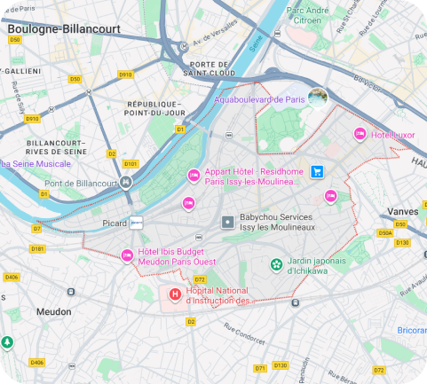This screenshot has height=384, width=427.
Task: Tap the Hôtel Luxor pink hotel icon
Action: pyautogui.click(x=360, y=133)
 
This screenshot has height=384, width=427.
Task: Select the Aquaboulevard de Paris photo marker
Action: pyautogui.click(x=317, y=97)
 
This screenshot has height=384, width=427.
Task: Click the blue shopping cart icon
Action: pyautogui.click(x=316, y=172)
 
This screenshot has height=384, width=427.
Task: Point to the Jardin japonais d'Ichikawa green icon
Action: pyautogui.click(x=277, y=263)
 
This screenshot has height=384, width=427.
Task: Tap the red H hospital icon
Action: pyautogui.click(x=175, y=294)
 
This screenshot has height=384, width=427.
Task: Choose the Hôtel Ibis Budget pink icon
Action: pyautogui.click(x=127, y=256)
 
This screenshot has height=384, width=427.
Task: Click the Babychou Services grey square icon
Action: pyautogui.click(x=227, y=220)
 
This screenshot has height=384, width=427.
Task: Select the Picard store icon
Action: pyautogui.click(x=137, y=223)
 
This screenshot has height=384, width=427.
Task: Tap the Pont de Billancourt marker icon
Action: pyautogui.click(x=126, y=183)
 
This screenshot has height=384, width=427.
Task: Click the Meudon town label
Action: pyautogui.click(x=53, y=312)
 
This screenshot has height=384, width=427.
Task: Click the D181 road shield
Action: pyautogui.click(x=37, y=249)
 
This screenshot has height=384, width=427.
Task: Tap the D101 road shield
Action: pyautogui.click(x=130, y=163)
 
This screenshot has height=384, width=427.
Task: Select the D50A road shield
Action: pyautogui.click(x=384, y=232)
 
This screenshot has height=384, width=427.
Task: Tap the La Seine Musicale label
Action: pyautogui.click(x=36, y=163)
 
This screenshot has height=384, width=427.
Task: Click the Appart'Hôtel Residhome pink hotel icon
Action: pyautogui.click(x=193, y=174)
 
